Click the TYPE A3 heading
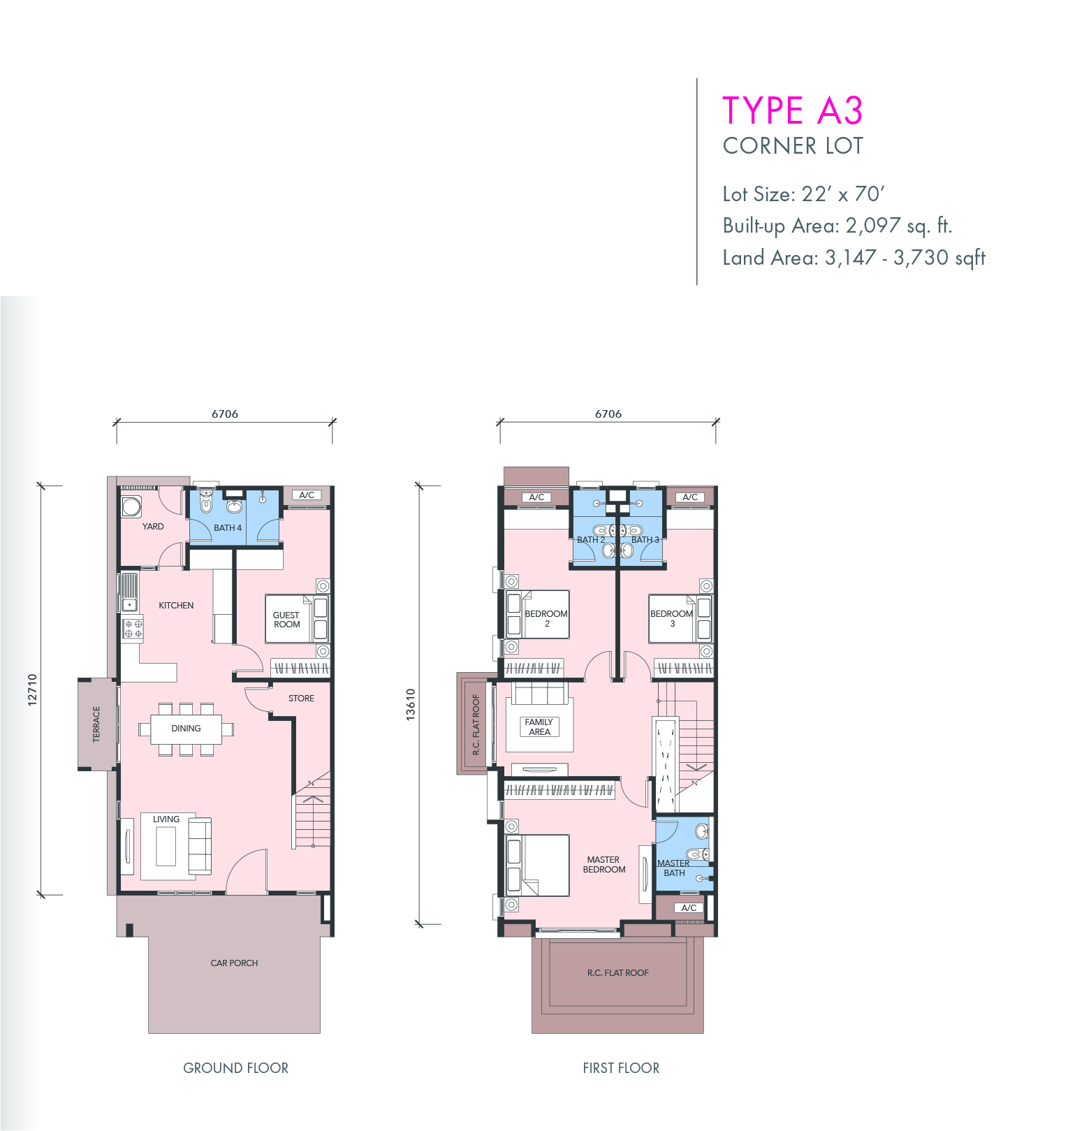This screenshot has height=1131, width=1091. pyautogui.click(x=792, y=110)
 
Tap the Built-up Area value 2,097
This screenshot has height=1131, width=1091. pyautogui.click(x=873, y=226)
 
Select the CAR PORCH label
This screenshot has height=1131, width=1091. pyautogui.click(x=234, y=963)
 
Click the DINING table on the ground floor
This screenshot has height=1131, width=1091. pyautogui.click(x=186, y=729)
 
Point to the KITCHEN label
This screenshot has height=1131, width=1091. pyautogui.click(x=176, y=606)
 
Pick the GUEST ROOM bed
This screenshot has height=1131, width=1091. pyautogui.click(x=297, y=618)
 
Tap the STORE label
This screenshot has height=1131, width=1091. pyautogui.click(x=301, y=699)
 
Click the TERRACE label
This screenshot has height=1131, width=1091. pyautogui.click(x=96, y=724)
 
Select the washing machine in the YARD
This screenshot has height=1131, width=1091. pyautogui.click(x=131, y=506)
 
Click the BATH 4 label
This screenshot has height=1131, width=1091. pyautogui.click(x=228, y=528)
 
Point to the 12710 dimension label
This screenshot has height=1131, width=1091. pyautogui.click(x=31, y=690)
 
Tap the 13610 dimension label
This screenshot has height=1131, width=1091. pyautogui.click(x=411, y=705)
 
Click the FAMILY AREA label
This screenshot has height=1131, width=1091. pyautogui.click(x=539, y=727)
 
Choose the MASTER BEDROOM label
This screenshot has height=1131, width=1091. pyautogui.click(x=604, y=865)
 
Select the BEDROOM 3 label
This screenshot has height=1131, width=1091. pyautogui.click(x=672, y=619)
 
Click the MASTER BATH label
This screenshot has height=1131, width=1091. pyautogui.click(x=673, y=868)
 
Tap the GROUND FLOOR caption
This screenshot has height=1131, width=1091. pyautogui.click(x=235, y=1068)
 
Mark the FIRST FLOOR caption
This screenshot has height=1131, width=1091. pyautogui.click(x=621, y=1068)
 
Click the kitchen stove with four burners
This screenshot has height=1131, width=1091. pyautogui.click(x=133, y=628)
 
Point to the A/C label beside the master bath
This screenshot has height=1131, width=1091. pyautogui.click(x=689, y=908)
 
